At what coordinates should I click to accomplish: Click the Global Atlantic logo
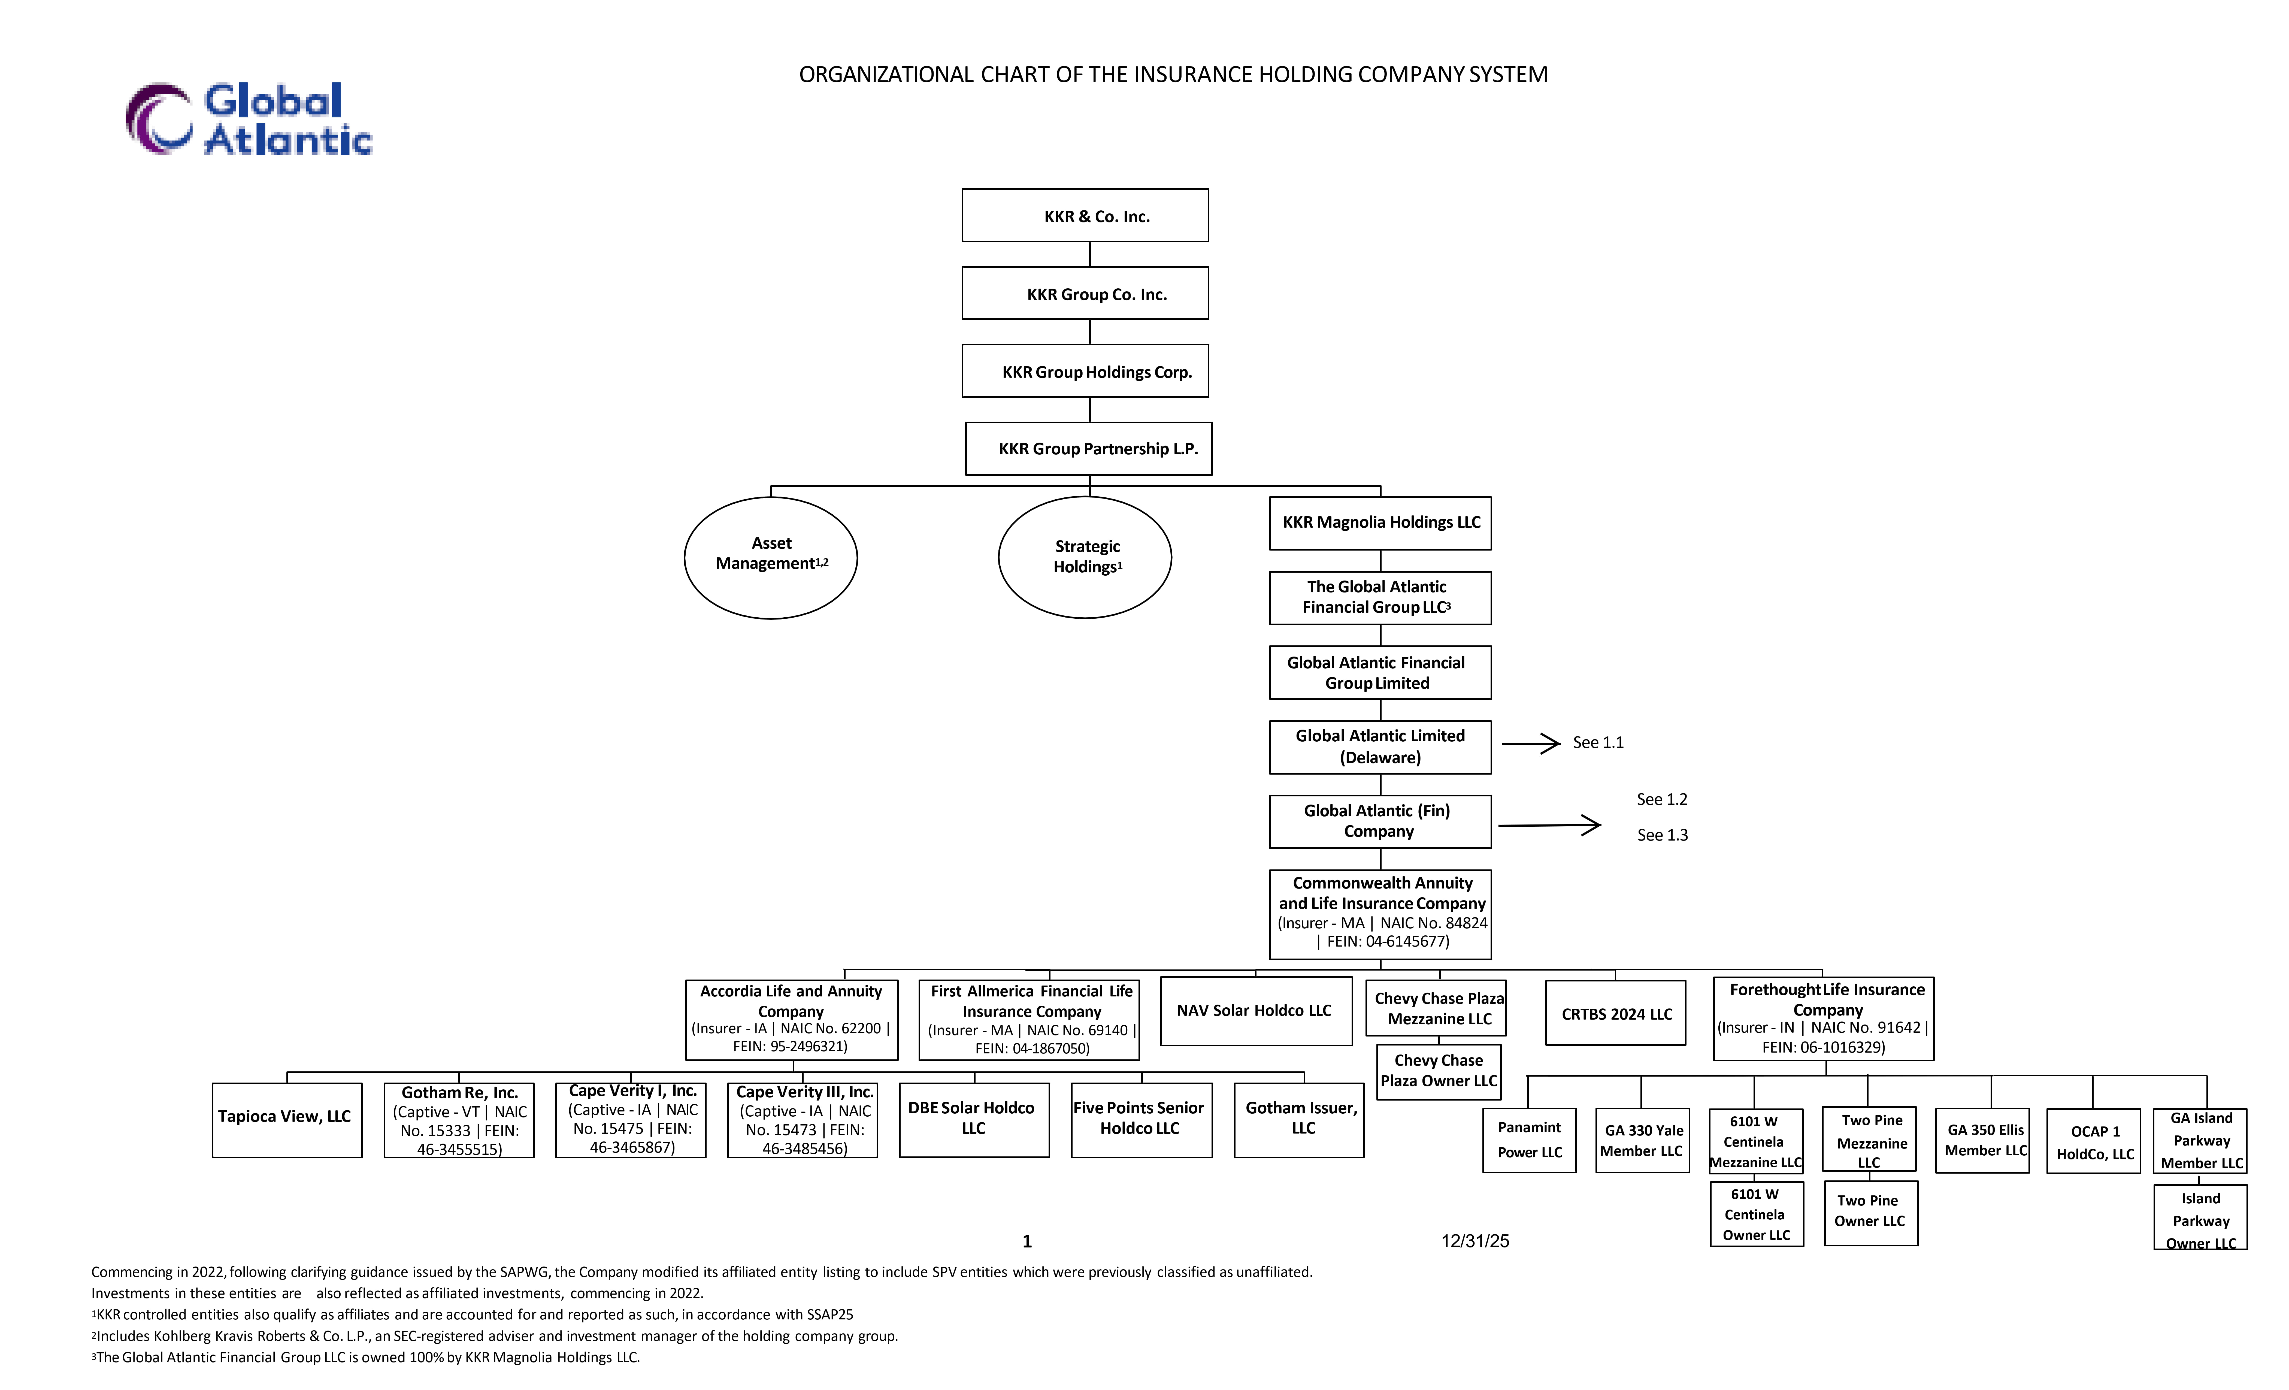pos(249,119)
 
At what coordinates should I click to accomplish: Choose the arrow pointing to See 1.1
pos(1531,743)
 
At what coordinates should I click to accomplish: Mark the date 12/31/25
pos(1475,1241)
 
